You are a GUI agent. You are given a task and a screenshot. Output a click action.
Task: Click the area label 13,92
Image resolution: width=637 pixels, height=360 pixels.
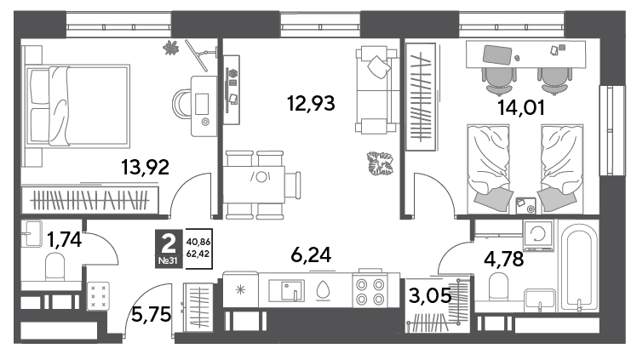click(x=145, y=167)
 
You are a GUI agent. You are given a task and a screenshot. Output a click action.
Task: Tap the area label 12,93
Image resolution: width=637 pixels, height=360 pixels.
click(x=311, y=103)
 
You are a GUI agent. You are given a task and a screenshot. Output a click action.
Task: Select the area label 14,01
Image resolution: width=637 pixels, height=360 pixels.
click(x=521, y=108)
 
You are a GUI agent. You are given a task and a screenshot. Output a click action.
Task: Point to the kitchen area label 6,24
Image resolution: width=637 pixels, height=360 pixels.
click(x=311, y=254)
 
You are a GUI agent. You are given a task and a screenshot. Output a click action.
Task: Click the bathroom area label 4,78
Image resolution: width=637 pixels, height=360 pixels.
click(x=504, y=259)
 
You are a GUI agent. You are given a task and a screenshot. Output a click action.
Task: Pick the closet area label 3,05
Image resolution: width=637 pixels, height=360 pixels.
click(x=430, y=295)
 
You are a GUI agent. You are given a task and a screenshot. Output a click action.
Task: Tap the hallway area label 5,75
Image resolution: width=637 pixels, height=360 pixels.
click(x=151, y=314)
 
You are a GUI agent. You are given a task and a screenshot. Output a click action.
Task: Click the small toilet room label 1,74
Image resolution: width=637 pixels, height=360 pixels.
click(x=64, y=239)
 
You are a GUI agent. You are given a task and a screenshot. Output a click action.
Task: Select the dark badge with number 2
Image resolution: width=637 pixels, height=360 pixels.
click(x=169, y=249)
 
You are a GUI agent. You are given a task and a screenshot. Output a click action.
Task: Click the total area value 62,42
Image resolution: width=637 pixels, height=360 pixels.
click(x=198, y=254)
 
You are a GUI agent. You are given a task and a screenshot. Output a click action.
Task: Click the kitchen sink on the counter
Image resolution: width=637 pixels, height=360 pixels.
click(x=286, y=289)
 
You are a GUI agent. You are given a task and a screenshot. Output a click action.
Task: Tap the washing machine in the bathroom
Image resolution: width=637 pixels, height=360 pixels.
click(x=539, y=235)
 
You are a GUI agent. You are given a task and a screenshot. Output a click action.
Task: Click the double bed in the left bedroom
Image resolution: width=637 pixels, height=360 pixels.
click(x=77, y=106)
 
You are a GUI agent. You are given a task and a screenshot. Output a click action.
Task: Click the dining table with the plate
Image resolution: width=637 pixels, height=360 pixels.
click(x=254, y=185)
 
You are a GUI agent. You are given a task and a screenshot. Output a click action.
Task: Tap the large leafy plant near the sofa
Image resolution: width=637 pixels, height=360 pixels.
click(x=381, y=163)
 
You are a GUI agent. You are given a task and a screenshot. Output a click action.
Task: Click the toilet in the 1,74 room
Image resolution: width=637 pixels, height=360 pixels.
click(x=55, y=266)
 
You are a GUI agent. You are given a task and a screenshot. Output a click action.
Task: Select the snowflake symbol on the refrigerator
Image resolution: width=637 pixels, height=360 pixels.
click(x=240, y=289)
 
